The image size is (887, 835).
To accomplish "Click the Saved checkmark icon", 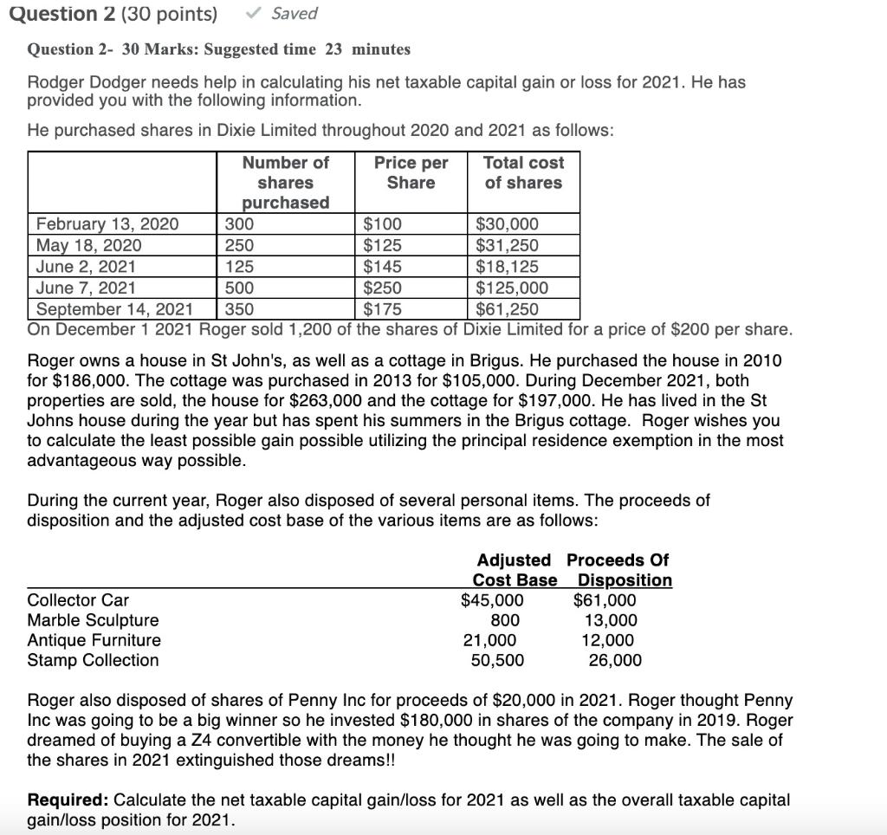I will [254, 14].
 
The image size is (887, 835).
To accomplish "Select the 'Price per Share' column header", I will [411, 172].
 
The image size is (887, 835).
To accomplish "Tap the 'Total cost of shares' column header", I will [523, 172].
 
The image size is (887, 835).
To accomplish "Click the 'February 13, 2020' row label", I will [107, 225].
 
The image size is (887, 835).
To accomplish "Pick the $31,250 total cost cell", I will [508, 246].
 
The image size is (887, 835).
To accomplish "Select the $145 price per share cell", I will [382, 267].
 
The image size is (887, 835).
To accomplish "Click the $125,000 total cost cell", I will [513, 288].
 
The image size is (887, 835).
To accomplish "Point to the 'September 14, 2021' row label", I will [114, 309].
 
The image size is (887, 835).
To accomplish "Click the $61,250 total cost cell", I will [508, 309].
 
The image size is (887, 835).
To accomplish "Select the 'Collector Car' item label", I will [78, 600].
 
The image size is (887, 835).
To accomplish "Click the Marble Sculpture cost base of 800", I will [505, 620].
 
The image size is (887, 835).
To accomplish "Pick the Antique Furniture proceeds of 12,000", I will [607, 640].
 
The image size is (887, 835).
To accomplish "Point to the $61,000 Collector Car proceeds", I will [605, 600].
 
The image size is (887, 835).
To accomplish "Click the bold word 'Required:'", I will [68, 799].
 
